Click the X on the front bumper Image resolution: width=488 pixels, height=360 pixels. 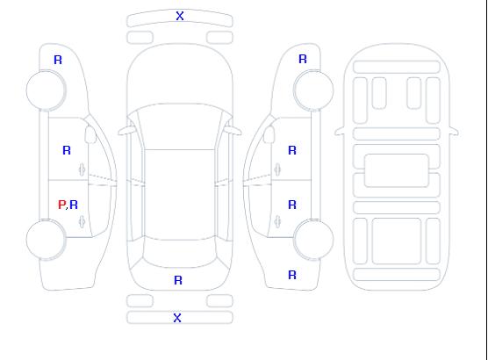(180, 16)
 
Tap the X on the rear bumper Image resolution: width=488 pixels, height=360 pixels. (177, 318)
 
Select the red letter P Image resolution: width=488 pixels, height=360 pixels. (61, 205)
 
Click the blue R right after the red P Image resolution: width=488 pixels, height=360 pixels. (74, 205)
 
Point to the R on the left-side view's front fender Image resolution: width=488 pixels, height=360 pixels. (58, 60)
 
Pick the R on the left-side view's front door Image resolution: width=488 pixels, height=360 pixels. (67, 150)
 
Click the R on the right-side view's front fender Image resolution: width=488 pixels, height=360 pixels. (303, 59)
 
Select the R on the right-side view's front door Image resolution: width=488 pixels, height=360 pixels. (292, 150)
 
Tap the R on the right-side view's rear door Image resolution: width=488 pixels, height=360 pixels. (292, 205)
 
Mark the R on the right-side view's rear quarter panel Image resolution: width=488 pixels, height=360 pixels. (292, 275)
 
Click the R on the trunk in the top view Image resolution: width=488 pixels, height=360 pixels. (178, 280)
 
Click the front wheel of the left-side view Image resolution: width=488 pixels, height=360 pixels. (46, 90)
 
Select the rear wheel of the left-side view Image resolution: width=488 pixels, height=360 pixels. (46, 240)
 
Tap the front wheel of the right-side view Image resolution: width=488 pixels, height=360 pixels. (313, 90)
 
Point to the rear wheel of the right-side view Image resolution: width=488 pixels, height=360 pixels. (313, 240)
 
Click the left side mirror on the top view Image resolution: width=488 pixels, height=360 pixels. (126, 131)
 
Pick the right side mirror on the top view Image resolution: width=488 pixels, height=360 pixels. (233, 131)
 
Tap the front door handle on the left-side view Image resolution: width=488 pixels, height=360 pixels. (82, 169)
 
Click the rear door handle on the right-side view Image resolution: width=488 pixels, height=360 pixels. (277, 221)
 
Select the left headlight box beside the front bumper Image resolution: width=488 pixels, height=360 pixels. (140, 38)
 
